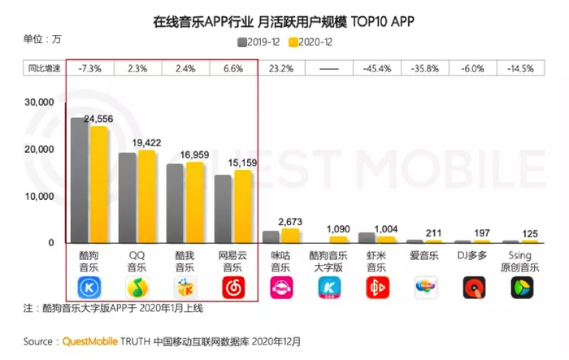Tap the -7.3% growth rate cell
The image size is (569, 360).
(89, 69)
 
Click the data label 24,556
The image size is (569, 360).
(98, 119)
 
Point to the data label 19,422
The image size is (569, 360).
(146, 143)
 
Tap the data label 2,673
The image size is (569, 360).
(290, 222)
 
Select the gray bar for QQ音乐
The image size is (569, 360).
(128, 197)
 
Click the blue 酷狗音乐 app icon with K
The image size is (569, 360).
(89, 287)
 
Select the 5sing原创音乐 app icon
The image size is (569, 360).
(520, 287)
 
